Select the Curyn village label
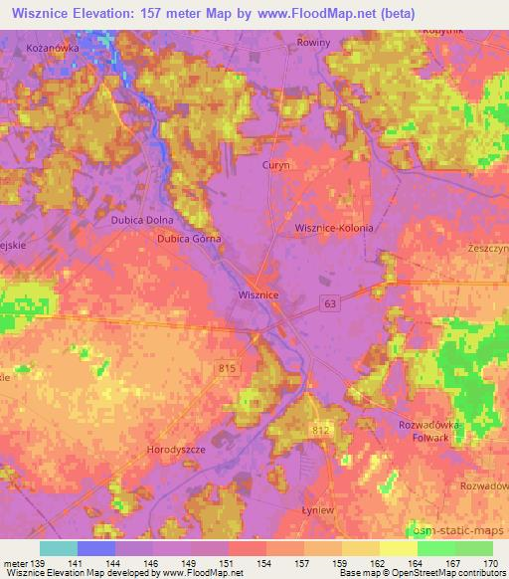point(275,166)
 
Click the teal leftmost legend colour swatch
point(58,548)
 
